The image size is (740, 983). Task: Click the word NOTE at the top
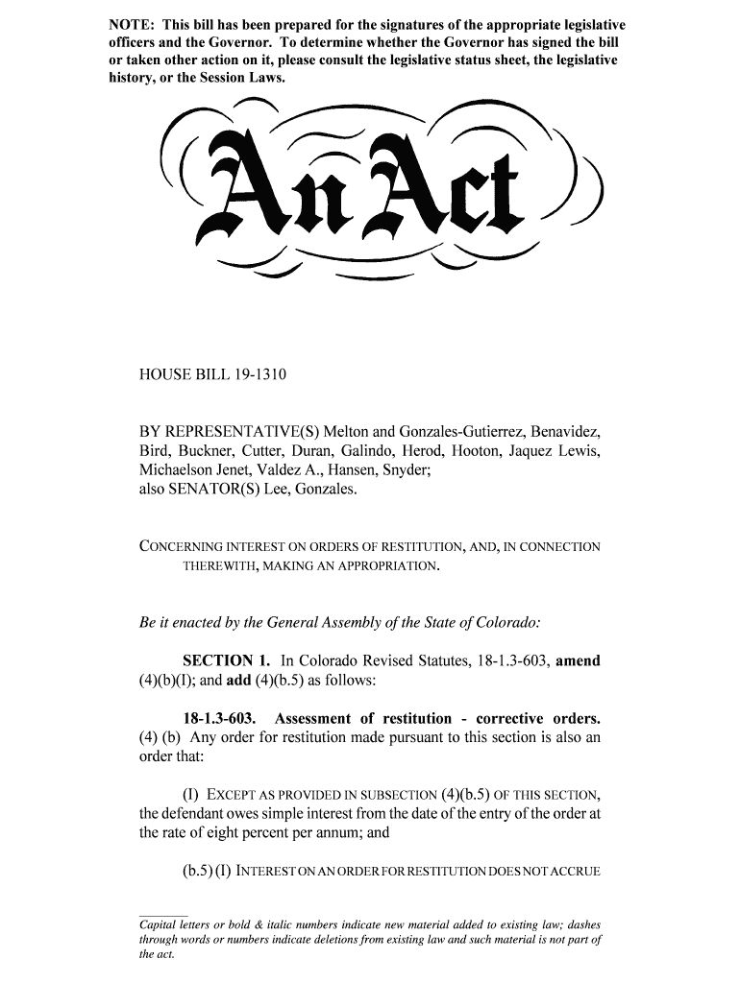[x=129, y=23]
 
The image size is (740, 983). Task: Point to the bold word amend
[x=579, y=661]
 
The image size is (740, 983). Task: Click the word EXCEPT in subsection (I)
[x=234, y=796]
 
